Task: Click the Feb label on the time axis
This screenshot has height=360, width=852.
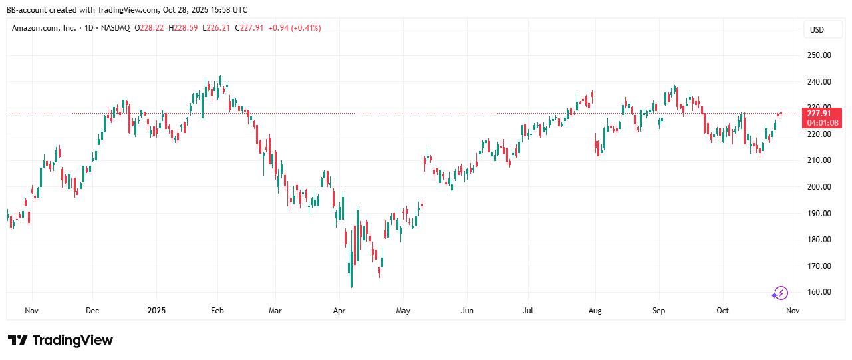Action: (217, 311)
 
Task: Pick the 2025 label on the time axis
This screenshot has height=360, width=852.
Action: (156, 311)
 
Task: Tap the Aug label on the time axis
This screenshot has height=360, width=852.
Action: (595, 311)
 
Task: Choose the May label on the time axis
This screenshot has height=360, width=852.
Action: (403, 311)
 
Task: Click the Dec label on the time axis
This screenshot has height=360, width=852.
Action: (92, 311)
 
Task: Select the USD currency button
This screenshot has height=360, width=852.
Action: (816, 29)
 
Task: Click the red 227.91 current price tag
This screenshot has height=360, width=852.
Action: (823, 118)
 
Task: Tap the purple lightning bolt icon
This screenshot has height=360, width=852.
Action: (780, 293)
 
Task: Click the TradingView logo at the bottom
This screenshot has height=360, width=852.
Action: (61, 340)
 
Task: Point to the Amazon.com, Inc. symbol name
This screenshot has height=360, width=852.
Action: (43, 28)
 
